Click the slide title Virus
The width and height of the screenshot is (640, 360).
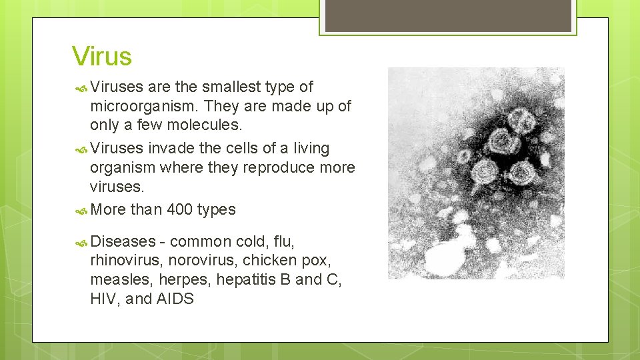pos(102,56)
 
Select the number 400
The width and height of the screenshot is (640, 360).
pos(179,209)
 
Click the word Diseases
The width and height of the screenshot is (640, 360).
pos(123,241)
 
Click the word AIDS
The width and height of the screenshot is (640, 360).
pos(175,299)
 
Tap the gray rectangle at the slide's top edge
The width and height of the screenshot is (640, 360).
pos(446,15)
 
